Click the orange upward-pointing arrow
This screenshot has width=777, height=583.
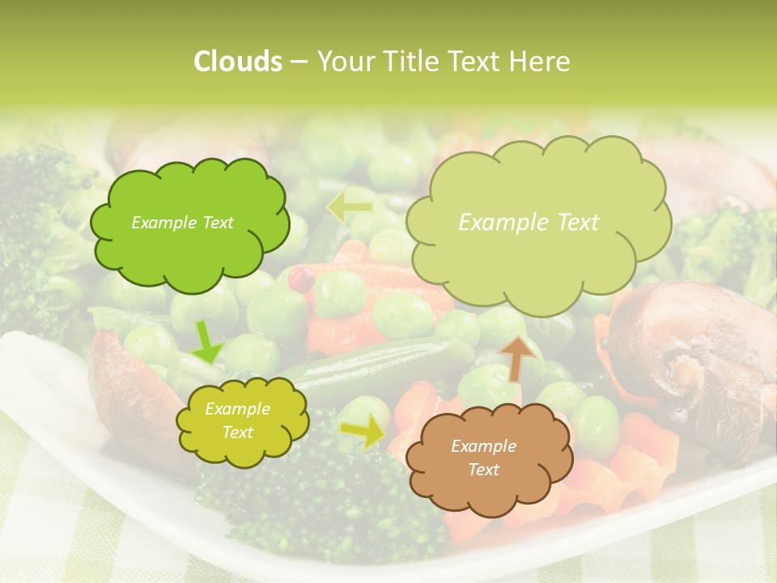tap(518, 356)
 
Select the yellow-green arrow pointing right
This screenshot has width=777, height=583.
tap(363, 432)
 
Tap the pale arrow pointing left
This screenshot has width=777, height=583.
tap(349, 206)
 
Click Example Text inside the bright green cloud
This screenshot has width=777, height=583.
tap(182, 223)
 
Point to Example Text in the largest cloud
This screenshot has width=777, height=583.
tap(529, 223)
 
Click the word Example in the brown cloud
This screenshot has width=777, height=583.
tap(483, 446)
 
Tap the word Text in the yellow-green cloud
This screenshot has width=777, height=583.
tap(237, 432)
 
